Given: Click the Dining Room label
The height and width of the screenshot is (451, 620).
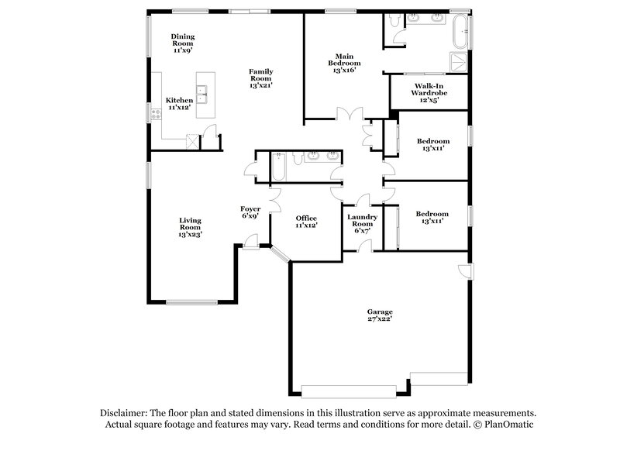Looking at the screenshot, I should pyautogui.click(x=183, y=41).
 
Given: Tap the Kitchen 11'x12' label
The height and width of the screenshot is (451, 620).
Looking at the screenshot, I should pyautogui.click(x=180, y=105).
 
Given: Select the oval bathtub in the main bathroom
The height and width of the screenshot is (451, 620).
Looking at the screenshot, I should pyautogui.click(x=462, y=29).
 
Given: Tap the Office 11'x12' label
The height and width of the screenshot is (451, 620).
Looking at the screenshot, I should pyautogui.click(x=306, y=222).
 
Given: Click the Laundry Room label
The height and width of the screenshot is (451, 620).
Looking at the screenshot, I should pyautogui.click(x=362, y=222).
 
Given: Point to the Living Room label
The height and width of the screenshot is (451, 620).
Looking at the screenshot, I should pyautogui.click(x=191, y=225).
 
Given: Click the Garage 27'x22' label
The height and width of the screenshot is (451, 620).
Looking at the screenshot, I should pyautogui.click(x=380, y=316).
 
